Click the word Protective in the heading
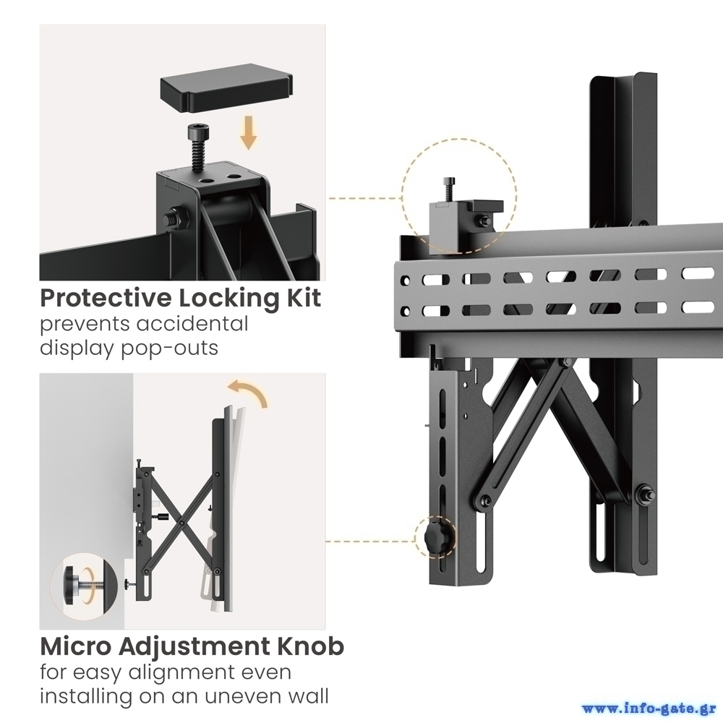(x=106, y=299)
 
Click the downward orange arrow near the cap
(x=249, y=132)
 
